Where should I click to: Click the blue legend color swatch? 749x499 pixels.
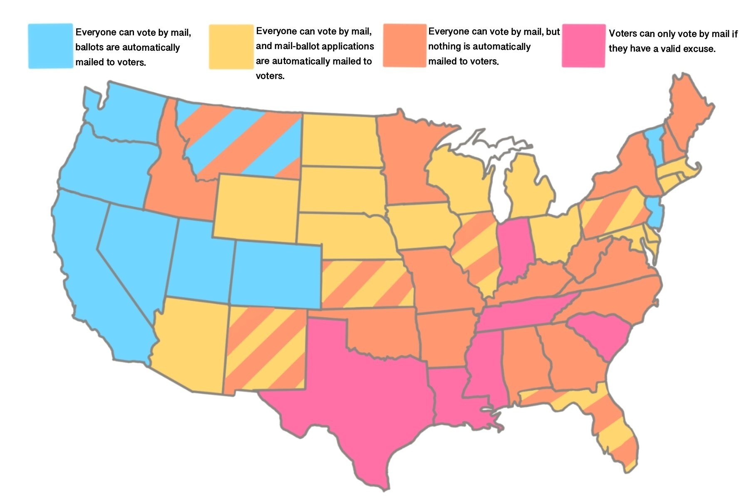click(50, 46)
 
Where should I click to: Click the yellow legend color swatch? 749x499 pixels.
click(231, 47)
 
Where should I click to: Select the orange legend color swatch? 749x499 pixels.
click(404, 45)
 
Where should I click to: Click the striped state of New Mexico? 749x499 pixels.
click(266, 349)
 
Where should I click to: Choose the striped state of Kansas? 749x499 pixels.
click(366, 285)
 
